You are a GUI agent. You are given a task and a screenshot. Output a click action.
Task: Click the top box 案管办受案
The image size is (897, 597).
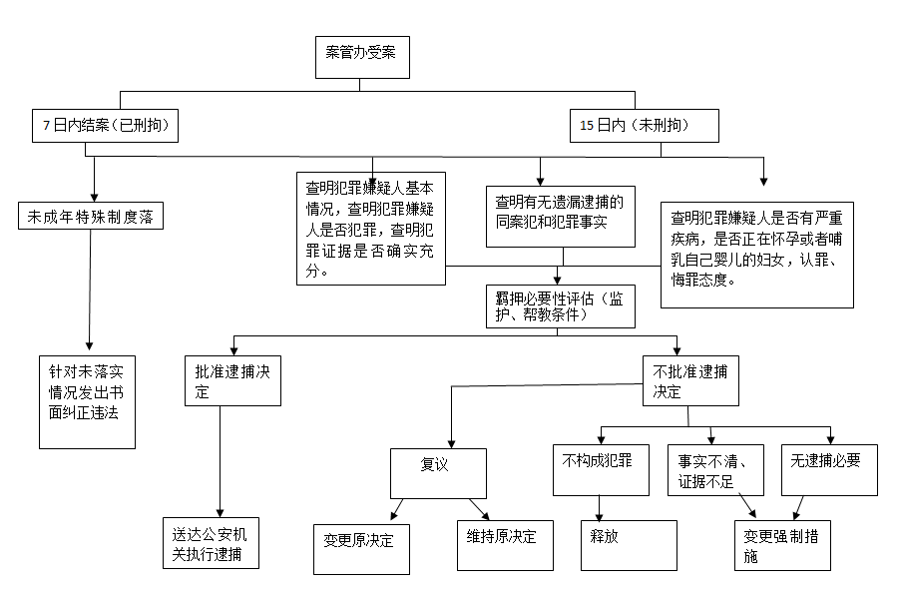pos(362,57)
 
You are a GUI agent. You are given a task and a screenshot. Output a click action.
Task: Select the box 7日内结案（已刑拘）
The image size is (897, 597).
pos(105,126)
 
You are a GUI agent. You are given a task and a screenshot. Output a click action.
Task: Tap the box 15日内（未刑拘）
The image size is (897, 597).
pos(645,126)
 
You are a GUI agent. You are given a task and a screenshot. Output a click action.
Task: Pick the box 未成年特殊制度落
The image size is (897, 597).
pos(91,216)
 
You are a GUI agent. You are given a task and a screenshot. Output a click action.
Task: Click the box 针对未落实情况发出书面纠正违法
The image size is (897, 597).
pos(87,401)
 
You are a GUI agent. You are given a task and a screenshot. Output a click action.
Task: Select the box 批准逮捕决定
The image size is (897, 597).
pos(232,380)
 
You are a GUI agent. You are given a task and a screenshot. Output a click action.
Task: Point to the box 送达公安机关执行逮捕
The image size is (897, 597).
pos(211,543)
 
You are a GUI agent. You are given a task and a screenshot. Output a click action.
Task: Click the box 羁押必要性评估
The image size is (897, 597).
pos(560,306)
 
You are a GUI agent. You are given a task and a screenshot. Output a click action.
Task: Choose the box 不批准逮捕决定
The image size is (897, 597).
pos(690,380)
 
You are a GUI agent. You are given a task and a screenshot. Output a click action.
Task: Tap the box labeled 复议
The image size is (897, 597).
pos(438,473)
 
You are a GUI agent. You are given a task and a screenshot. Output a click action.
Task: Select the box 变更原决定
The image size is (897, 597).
pos(361,549)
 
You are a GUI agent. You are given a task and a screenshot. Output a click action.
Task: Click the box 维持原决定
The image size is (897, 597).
pos(505,545)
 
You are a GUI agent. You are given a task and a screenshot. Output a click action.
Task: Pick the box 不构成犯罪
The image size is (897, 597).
pos(601,470)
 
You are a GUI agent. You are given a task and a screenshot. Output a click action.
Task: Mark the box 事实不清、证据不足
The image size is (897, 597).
pos(715,470)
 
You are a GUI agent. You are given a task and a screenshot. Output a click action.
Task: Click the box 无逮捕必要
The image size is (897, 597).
pos(829,470)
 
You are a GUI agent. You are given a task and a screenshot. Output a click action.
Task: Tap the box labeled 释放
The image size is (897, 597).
pos(629,545)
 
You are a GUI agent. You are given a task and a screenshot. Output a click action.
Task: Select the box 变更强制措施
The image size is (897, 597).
pos(782,545)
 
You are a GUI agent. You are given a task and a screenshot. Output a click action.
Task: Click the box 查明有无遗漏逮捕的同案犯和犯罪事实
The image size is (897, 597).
pos(560,217)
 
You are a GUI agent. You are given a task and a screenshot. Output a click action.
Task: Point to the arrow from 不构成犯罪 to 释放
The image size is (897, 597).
pos(600,508)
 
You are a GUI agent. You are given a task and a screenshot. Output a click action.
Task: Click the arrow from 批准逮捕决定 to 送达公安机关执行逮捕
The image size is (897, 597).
pos(221,462)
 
